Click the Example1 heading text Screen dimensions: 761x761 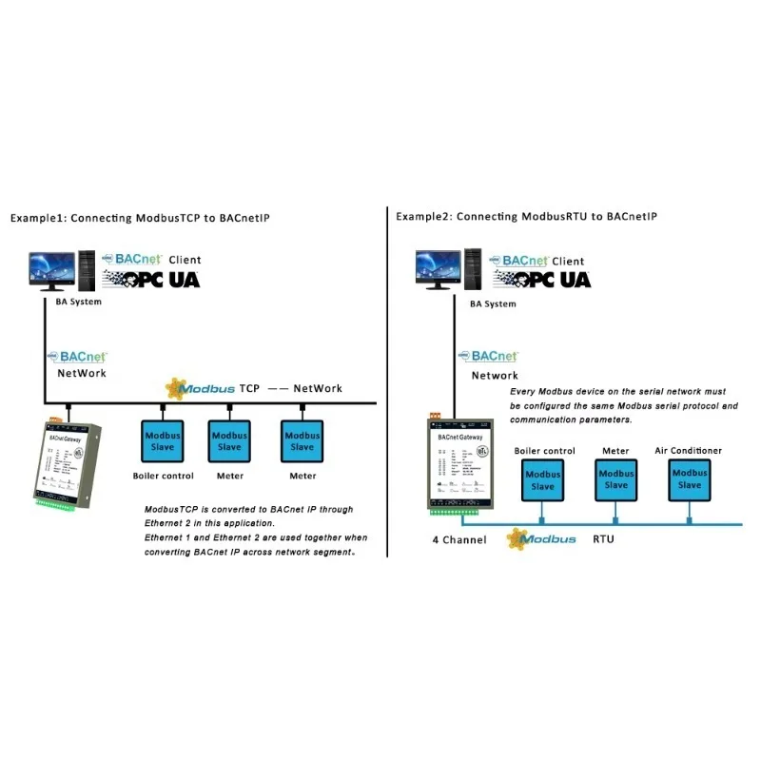coord(140,218)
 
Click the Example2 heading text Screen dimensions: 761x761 coord(526,217)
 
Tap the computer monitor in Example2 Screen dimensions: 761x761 coord(437,269)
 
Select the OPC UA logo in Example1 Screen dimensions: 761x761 coord(151,279)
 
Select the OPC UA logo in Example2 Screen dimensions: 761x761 coord(540,279)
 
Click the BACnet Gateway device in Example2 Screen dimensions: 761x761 coord(459,465)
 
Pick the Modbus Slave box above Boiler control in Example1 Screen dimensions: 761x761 coord(162,441)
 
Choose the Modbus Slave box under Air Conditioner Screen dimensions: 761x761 coord(689,478)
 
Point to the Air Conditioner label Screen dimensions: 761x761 coord(688,450)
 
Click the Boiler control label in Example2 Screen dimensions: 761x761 coord(544,450)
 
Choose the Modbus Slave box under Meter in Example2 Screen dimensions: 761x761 coord(615,478)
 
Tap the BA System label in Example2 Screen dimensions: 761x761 coord(493,303)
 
